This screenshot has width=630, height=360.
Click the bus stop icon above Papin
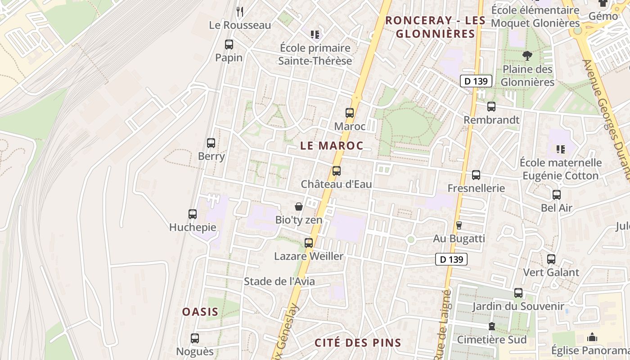click(x=229, y=45)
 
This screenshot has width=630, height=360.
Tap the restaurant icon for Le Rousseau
click(x=240, y=12)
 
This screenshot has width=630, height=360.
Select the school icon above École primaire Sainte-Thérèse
click(x=315, y=34)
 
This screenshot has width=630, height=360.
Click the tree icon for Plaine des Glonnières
click(x=527, y=56)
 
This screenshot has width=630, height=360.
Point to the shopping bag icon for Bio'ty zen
click(x=298, y=207)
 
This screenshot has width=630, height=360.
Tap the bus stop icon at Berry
click(x=211, y=143)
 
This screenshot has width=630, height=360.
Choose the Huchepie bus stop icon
click(x=193, y=214)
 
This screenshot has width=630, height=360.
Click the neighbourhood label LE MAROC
click(x=332, y=146)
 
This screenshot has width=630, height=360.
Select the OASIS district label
click(x=200, y=312)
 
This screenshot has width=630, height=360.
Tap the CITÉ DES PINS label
click(x=358, y=343)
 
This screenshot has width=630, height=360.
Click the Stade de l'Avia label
click(x=279, y=282)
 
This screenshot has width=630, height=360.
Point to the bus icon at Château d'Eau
click(x=337, y=171)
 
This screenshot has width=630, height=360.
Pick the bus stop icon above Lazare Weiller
click(x=309, y=243)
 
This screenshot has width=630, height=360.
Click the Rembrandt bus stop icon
click(x=491, y=107)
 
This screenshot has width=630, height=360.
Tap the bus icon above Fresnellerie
click(x=476, y=175)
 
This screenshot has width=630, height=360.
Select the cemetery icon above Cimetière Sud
click(x=492, y=326)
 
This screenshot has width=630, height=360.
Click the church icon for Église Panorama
click(x=592, y=337)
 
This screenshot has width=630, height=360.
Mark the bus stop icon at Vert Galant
click(x=551, y=259)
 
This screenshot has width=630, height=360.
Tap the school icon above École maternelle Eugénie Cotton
click(x=560, y=149)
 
